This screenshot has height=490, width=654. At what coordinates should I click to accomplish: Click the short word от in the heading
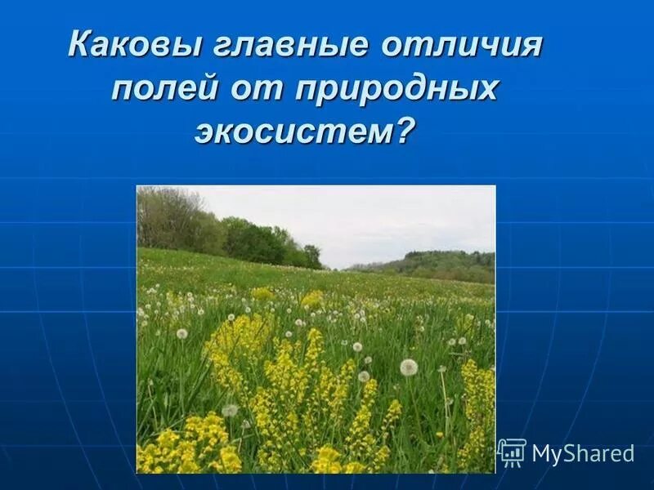[246, 88]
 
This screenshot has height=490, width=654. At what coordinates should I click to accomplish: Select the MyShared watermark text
[582, 454]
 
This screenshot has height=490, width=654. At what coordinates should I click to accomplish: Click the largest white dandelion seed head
[409, 367]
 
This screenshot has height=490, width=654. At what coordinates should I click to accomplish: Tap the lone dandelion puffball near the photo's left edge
[181, 333]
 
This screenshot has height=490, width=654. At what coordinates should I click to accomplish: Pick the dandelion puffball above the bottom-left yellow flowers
[231, 410]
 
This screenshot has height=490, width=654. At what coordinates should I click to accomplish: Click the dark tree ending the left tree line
[312, 256]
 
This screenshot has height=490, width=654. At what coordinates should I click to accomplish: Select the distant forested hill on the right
[441, 263]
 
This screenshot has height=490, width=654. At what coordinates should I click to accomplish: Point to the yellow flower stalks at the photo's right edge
[479, 400]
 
